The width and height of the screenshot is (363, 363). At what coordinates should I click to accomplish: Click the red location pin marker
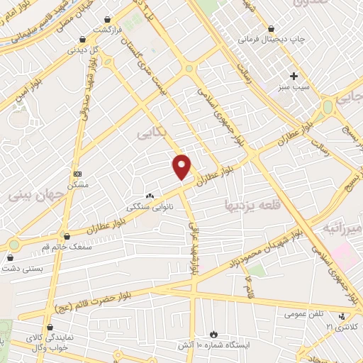pos(182,167)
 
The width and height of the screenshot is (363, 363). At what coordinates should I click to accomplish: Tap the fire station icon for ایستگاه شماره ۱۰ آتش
pos(213,333)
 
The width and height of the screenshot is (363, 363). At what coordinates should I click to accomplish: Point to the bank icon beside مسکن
pos(78,174)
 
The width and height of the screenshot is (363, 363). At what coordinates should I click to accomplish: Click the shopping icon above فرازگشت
pos(106,19)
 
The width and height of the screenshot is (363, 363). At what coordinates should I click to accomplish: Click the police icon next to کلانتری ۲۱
pos(344,316)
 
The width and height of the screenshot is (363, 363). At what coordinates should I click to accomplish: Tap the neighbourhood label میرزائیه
pos(343,228)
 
